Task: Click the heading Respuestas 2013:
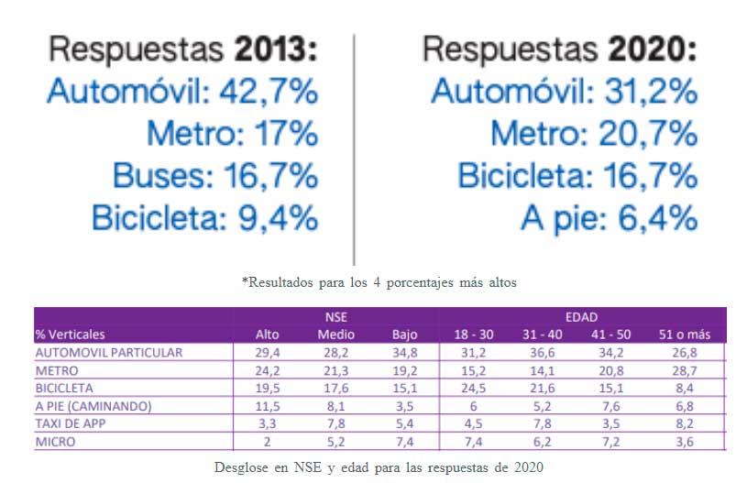pyautogui.click(x=182, y=48)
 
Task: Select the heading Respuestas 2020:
pyautogui.click(x=560, y=48)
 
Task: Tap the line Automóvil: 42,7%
pyautogui.click(x=182, y=91)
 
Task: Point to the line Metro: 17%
pyautogui.click(x=232, y=134)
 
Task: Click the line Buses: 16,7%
pyautogui.click(x=214, y=176)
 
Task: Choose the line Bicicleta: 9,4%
pyautogui.click(x=204, y=218)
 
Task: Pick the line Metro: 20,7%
pyautogui.click(x=593, y=134)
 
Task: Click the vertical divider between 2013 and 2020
pyautogui.click(x=354, y=147)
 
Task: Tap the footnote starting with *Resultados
pyautogui.click(x=379, y=282)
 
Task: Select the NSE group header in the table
pyautogui.click(x=336, y=316)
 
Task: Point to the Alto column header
pyautogui.click(x=267, y=334)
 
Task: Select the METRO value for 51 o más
pyautogui.click(x=687, y=369)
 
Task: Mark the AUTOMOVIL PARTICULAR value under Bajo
pyautogui.click(x=404, y=352)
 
